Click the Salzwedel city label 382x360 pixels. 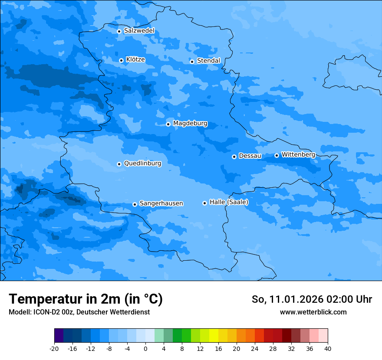point(139,31)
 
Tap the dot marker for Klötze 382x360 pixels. point(122,60)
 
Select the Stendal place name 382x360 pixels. point(208,61)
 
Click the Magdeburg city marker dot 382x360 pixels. point(168,124)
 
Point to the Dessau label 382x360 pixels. point(250,156)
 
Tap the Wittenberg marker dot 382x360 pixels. point(277,155)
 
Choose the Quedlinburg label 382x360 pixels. point(142,164)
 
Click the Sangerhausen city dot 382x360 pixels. point(135,204)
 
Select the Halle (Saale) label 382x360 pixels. point(229,202)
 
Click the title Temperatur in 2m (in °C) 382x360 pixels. point(86,299)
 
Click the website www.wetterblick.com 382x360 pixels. point(313,312)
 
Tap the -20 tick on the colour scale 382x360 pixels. point(54,348)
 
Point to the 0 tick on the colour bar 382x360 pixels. point(145,348)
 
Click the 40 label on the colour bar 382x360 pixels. point(327,348)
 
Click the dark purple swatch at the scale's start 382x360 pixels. point(59,336)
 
